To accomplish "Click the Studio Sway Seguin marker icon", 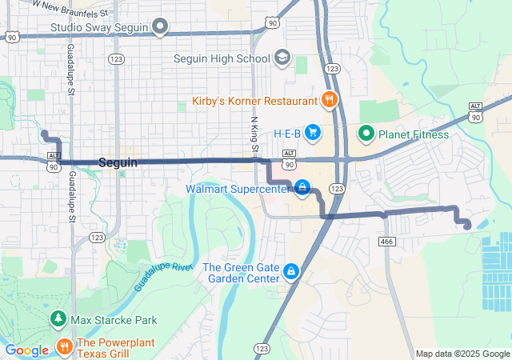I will click(x=160, y=27).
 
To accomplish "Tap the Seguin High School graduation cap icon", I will click(x=282, y=58).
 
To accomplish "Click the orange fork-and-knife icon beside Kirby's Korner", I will click(x=328, y=100).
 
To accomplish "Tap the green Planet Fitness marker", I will click(x=366, y=134).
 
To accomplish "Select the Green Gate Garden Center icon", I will click(x=291, y=273).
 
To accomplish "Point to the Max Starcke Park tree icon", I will click(x=58, y=320).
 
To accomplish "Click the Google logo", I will click(x=26, y=350).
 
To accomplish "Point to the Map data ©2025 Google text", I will click(x=462, y=354).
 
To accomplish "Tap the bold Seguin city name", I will click(x=118, y=162).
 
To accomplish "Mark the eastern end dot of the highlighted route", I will click(x=467, y=226).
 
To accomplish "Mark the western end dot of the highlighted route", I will click(x=45, y=134).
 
